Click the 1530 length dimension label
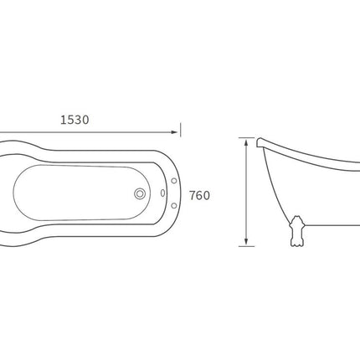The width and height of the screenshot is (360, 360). click(75, 120)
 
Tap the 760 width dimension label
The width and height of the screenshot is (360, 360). click(199, 196)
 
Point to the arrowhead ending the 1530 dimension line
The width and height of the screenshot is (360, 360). click(174, 132)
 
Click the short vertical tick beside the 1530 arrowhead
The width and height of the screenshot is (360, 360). click(180, 130)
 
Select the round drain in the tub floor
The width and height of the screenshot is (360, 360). click(140, 193)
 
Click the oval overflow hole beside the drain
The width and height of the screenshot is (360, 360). click(162, 193)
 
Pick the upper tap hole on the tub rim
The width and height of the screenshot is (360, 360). click(174, 181)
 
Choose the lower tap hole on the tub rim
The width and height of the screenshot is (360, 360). click(174, 206)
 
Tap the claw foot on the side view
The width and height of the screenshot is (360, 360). click(297, 231)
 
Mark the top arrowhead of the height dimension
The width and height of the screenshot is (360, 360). click(246, 143)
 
